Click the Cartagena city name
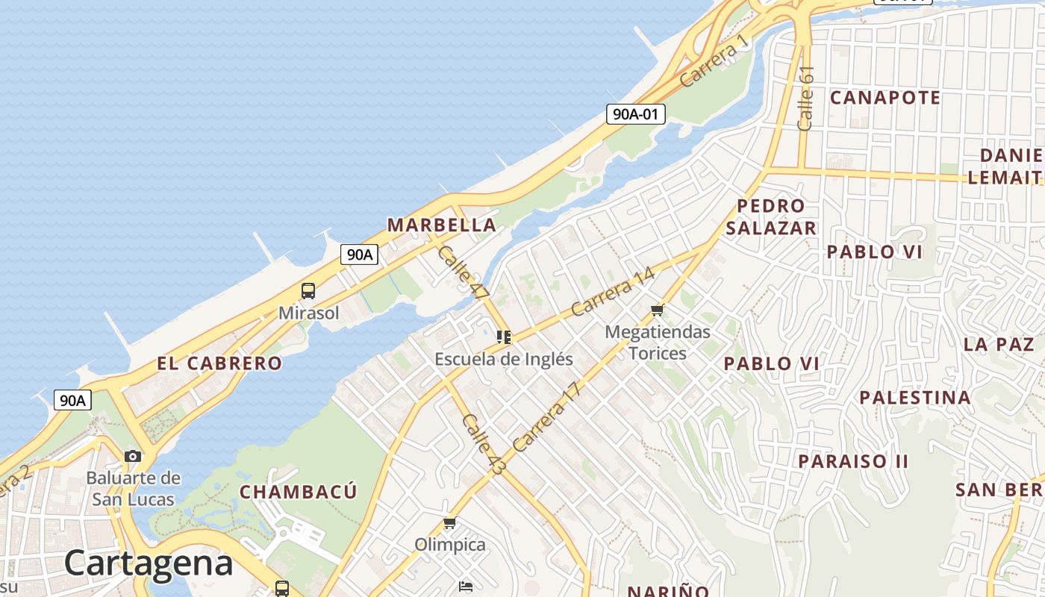(x=149, y=563)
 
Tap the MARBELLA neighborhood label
(x=441, y=225)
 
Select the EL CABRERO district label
(x=219, y=363)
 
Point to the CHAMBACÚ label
(x=298, y=492)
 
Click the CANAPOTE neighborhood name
(x=885, y=98)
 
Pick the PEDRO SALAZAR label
(x=771, y=217)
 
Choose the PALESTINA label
(x=915, y=397)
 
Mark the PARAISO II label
(x=853, y=461)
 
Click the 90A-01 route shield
(x=634, y=114)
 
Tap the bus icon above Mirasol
(x=308, y=291)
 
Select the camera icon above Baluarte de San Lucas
(x=133, y=456)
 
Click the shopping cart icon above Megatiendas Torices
(x=657, y=310)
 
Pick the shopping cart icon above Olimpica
(x=449, y=523)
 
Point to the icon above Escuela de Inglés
(x=504, y=337)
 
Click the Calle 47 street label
(x=463, y=272)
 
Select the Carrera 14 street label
(x=613, y=291)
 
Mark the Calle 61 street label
(x=805, y=99)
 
